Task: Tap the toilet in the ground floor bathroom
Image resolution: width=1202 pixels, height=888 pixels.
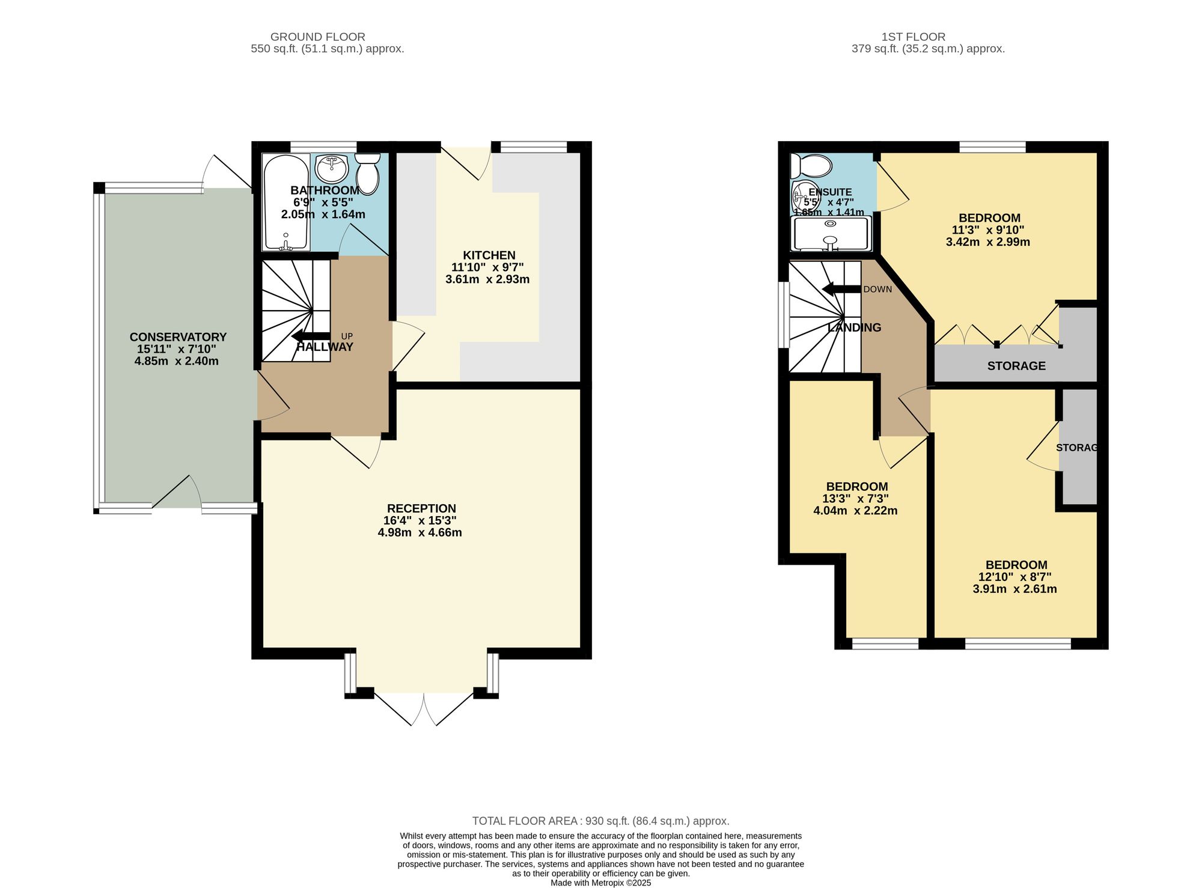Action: (367, 172)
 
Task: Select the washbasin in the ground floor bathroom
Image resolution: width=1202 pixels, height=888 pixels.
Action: (332, 168)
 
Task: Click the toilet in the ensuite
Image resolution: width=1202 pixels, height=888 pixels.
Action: (811, 165)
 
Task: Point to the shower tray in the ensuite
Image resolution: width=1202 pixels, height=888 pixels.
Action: (831, 233)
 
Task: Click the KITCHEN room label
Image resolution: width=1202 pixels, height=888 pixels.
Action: (489, 255)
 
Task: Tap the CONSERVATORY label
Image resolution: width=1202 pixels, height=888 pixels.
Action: (178, 337)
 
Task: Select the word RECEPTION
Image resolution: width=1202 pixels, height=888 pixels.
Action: (421, 508)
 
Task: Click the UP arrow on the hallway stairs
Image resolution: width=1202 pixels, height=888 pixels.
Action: (311, 336)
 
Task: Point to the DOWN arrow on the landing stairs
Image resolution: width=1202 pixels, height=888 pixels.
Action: (841, 289)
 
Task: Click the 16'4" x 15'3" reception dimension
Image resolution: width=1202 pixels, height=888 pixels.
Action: (421, 520)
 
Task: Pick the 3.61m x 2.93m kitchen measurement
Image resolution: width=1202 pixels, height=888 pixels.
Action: (487, 279)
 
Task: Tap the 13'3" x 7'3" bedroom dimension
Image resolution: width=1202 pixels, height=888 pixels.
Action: (855, 499)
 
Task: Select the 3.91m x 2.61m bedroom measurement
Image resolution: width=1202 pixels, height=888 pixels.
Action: (1015, 589)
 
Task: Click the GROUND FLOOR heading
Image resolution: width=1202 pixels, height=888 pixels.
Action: (318, 37)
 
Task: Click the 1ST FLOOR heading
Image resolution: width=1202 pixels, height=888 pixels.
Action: (914, 37)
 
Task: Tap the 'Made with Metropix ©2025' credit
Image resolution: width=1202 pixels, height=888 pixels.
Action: (601, 883)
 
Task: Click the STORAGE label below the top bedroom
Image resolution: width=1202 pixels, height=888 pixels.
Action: (1016, 366)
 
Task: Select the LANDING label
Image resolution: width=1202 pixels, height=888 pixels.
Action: (854, 327)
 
